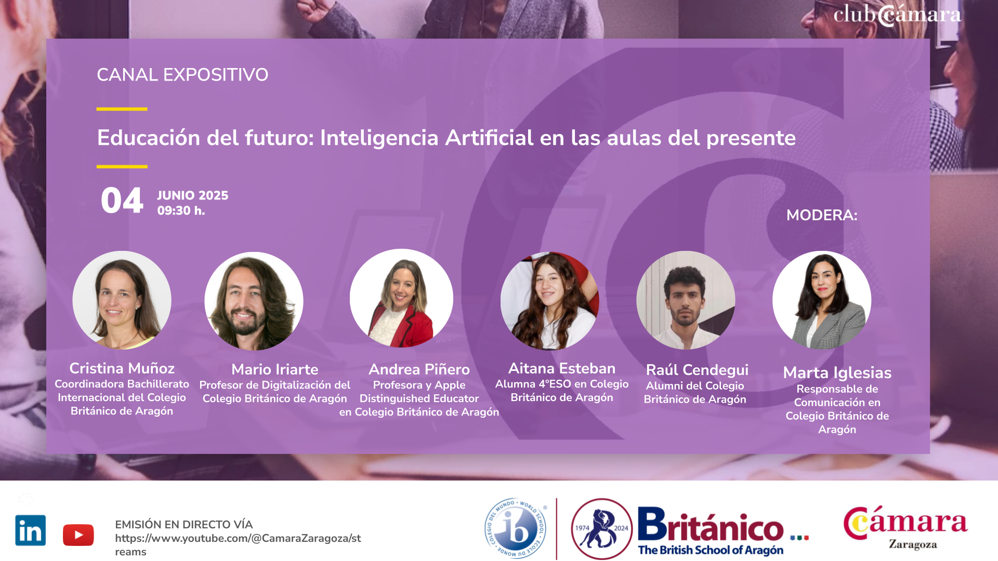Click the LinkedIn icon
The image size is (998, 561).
(31, 530)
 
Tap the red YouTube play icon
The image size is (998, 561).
(78, 535)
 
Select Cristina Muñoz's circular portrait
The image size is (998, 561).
(122, 300)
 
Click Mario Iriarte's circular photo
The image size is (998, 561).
(254, 301)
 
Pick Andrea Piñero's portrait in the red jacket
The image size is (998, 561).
(401, 298)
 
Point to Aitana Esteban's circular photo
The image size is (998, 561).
(550, 301)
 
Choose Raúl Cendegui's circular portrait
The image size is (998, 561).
(686, 300)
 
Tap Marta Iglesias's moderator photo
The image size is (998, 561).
(822, 300)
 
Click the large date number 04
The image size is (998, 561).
(122, 201)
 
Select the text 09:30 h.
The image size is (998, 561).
(181, 211)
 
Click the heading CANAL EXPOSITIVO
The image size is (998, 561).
(182, 75)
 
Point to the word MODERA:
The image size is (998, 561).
(822, 215)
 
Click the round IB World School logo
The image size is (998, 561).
(516, 528)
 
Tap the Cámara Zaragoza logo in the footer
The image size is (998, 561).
(905, 528)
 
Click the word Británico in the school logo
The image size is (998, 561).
(711, 525)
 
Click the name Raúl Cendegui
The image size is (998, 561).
(697, 370)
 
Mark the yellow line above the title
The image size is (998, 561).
(122, 109)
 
